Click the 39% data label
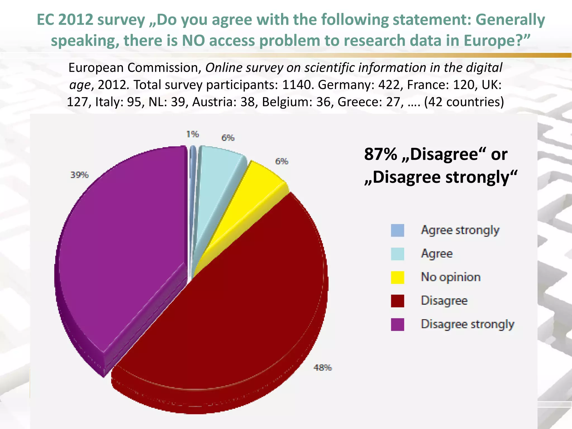click(79, 175)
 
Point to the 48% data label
click(323, 368)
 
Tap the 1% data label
click(192, 134)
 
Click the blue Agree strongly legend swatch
click(397, 230)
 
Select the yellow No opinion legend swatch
click(397, 277)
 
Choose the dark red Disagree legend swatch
click(397, 301)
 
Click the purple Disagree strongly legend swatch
click(397, 325)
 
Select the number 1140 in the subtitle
click(296, 85)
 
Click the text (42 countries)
click(464, 102)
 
